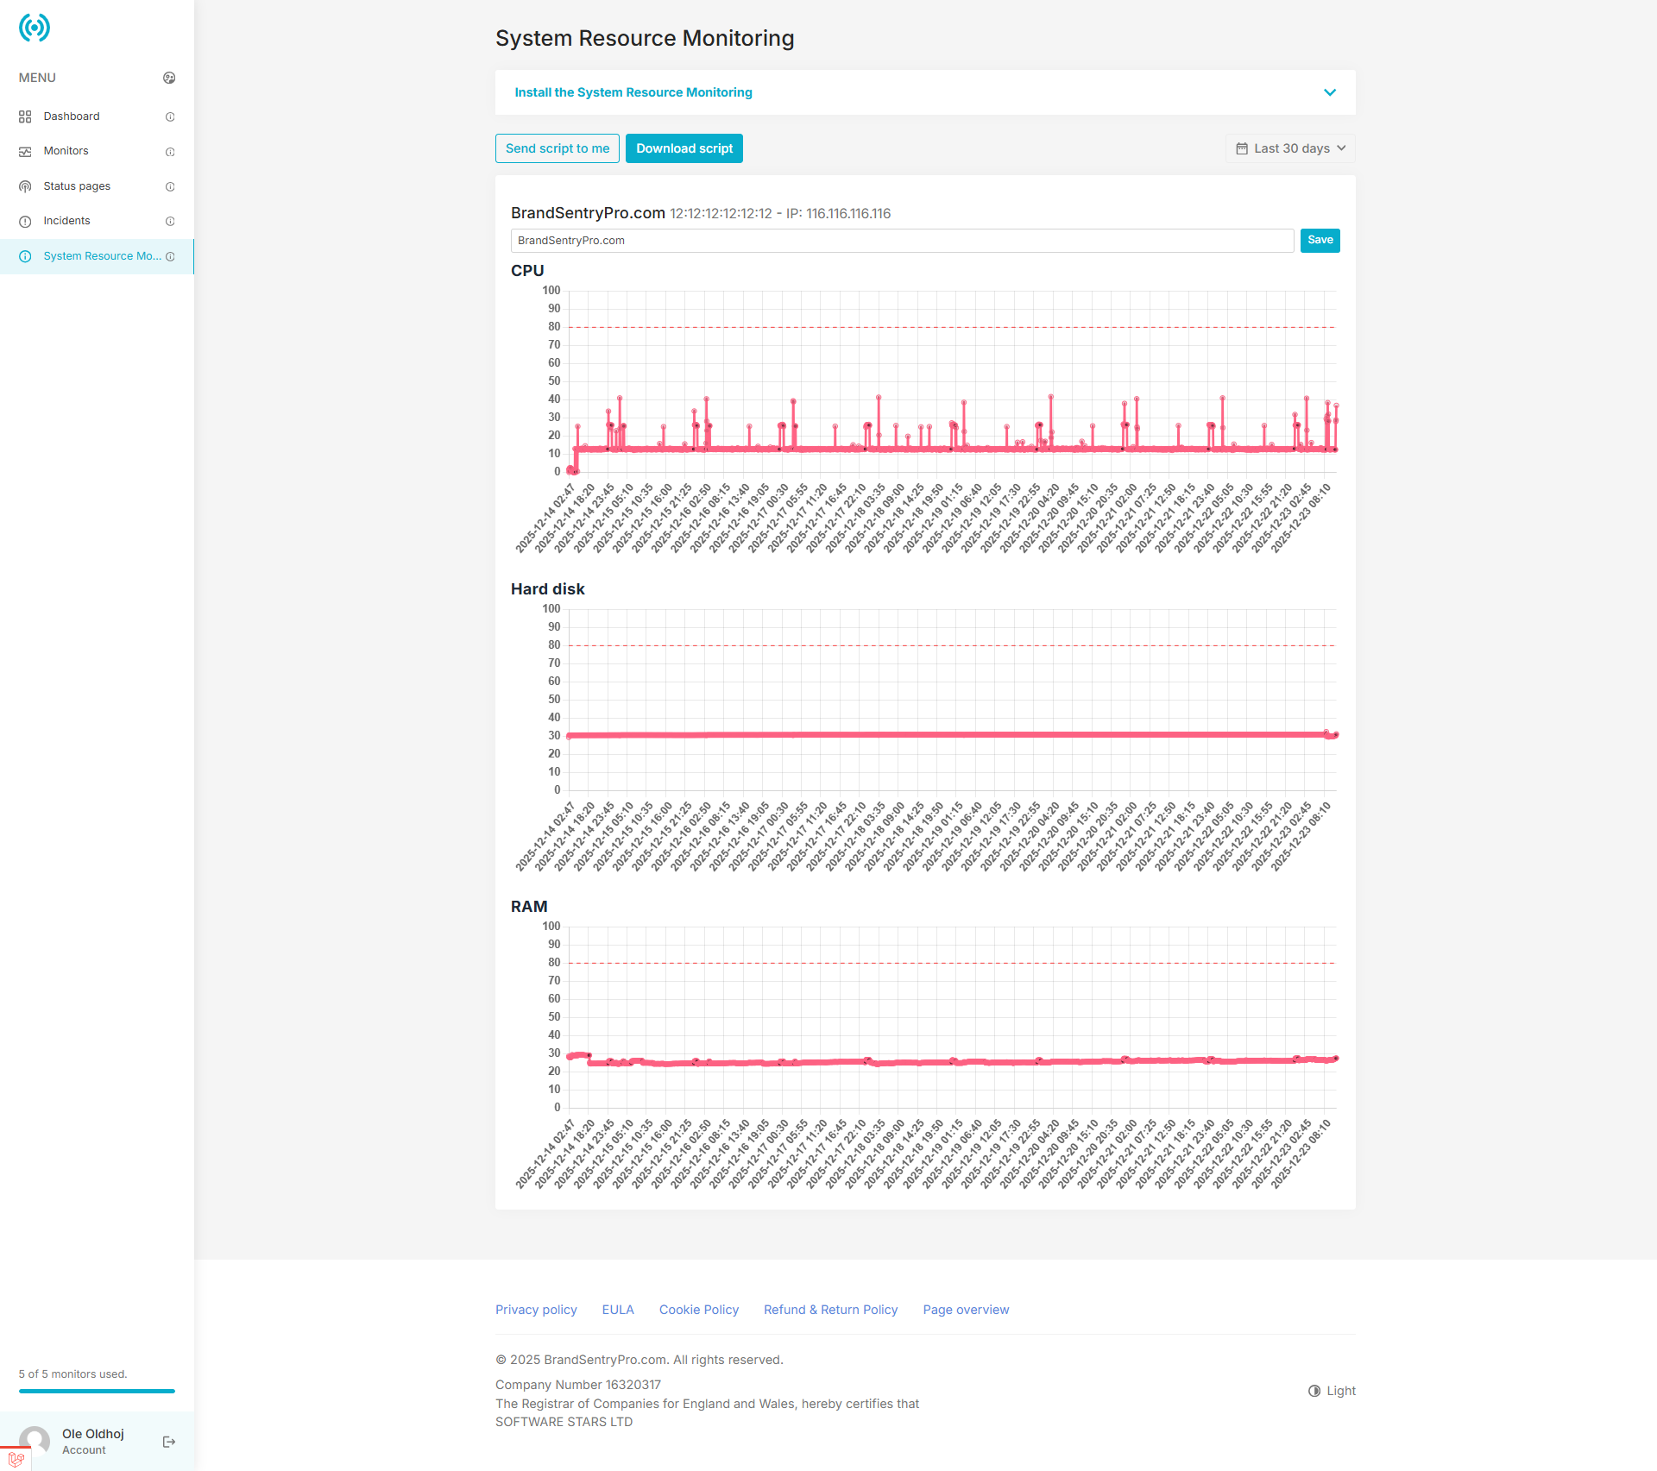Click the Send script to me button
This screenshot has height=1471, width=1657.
coord(557,148)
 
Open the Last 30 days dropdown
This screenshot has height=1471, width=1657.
coord(1290,148)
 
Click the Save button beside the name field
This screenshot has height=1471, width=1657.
coord(1320,240)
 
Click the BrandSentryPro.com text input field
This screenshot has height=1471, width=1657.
coord(902,241)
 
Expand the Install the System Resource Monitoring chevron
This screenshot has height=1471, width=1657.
coord(1330,92)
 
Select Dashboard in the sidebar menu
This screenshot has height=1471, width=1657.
coord(72,116)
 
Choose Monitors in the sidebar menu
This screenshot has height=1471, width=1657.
coord(66,151)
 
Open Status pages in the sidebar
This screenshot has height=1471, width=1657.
coord(77,186)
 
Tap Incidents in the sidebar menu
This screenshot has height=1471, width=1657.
coord(66,221)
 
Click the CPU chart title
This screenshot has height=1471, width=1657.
coord(527,271)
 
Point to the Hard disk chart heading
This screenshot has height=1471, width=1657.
coord(547,589)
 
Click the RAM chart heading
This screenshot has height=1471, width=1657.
coord(529,907)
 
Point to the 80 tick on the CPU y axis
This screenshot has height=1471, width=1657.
coord(554,327)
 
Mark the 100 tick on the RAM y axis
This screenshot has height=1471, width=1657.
coord(551,927)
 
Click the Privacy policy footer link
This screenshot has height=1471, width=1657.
coord(536,1310)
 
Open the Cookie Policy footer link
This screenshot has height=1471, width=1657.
coord(698,1310)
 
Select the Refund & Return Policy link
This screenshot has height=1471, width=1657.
coord(830,1310)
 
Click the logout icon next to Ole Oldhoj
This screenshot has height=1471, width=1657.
coord(169,1442)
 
